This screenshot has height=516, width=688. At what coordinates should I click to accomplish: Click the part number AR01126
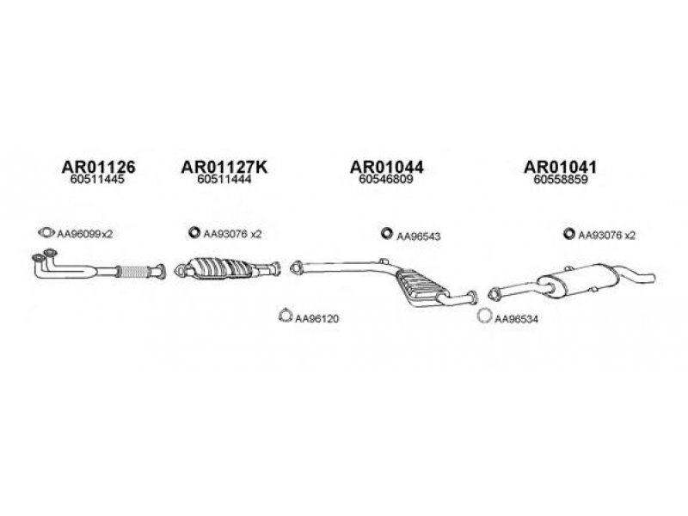click(x=98, y=167)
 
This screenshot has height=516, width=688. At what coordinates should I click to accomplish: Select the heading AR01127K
click(x=224, y=167)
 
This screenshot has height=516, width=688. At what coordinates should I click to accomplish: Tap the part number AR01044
click(x=386, y=167)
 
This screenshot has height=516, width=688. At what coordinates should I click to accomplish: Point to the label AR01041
click(x=561, y=167)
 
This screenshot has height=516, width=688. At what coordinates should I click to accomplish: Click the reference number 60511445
click(x=97, y=179)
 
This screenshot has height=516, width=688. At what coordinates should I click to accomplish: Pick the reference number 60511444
click(x=224, y=179)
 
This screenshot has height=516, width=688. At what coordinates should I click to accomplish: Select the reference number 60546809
click(x=385, y=179)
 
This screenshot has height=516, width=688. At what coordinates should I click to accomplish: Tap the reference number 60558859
click(x=561, y=179)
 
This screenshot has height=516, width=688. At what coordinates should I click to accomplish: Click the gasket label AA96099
click(x=79, y=234)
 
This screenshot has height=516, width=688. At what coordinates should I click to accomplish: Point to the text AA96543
click(x=418, y=236)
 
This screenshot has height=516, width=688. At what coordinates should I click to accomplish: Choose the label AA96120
click(x=316, y=318)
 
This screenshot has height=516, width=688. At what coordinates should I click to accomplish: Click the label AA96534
click(x=516, y=319)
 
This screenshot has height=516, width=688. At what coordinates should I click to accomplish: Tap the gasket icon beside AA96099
click(x=46, y=232)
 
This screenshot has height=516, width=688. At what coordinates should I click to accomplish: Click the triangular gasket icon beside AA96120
click(x=286, y=315)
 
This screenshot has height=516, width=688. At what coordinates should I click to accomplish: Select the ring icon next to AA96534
click(x=484, y=316)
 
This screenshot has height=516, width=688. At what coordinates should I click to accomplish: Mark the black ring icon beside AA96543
click(x=386, y=233)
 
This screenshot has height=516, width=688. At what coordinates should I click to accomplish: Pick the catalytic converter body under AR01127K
click(x=219, y=268)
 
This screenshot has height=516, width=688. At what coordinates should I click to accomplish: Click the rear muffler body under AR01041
click(x=579, y=279)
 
